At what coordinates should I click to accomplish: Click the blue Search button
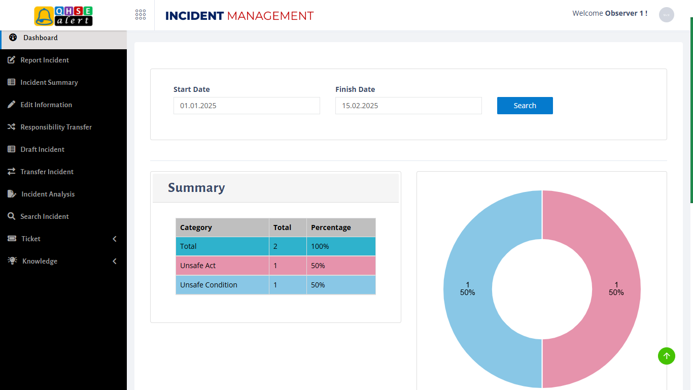(525, 106)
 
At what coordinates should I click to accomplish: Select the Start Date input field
(247, 106)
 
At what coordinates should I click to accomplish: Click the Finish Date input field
(408, 106)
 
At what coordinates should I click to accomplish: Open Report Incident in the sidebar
(45, 60)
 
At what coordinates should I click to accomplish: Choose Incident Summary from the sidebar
(49, 82)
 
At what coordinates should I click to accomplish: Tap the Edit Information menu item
(46, 105)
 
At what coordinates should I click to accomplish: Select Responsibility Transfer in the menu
(56, 127)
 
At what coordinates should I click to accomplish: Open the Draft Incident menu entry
(43, 149)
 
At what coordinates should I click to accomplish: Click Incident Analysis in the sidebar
(48, 194)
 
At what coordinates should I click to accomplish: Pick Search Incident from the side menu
(45, 216)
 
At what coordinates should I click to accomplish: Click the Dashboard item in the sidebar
(41, 38)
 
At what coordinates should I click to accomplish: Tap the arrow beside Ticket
(115, 239)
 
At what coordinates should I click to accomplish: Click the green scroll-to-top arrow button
(667, 356)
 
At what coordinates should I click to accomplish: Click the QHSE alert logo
(63, 16)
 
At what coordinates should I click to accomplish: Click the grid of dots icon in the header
(141, 15)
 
